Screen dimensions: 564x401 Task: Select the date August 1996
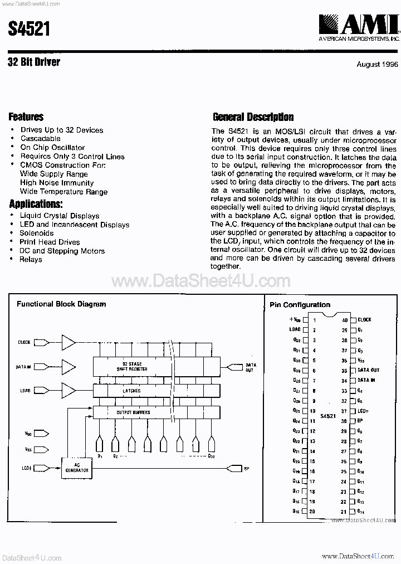coord(377,65)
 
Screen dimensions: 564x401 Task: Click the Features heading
coord(26,117)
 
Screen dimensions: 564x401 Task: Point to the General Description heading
coord(253,117)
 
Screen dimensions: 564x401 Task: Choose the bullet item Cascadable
coord(41,139)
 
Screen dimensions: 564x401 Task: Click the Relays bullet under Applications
coord(31,260)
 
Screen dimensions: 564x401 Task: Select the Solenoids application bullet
coord(37,234)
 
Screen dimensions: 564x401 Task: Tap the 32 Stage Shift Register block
coord(131,366)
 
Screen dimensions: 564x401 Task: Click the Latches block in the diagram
coord(131,391)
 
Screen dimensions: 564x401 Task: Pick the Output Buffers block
coord(133,412)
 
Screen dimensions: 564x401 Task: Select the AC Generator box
coord(77,469)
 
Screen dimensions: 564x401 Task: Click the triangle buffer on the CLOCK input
coord(69,342)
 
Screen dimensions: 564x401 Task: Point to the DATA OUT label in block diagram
coord(251,367)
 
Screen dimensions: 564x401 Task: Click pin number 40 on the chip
coord(345,320)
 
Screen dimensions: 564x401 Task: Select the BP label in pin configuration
coord(361,421)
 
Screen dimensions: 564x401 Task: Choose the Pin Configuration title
coord(300,305)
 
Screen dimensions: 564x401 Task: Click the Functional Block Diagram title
coord(61,304)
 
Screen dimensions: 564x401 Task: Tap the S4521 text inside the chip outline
coord(328,416)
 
